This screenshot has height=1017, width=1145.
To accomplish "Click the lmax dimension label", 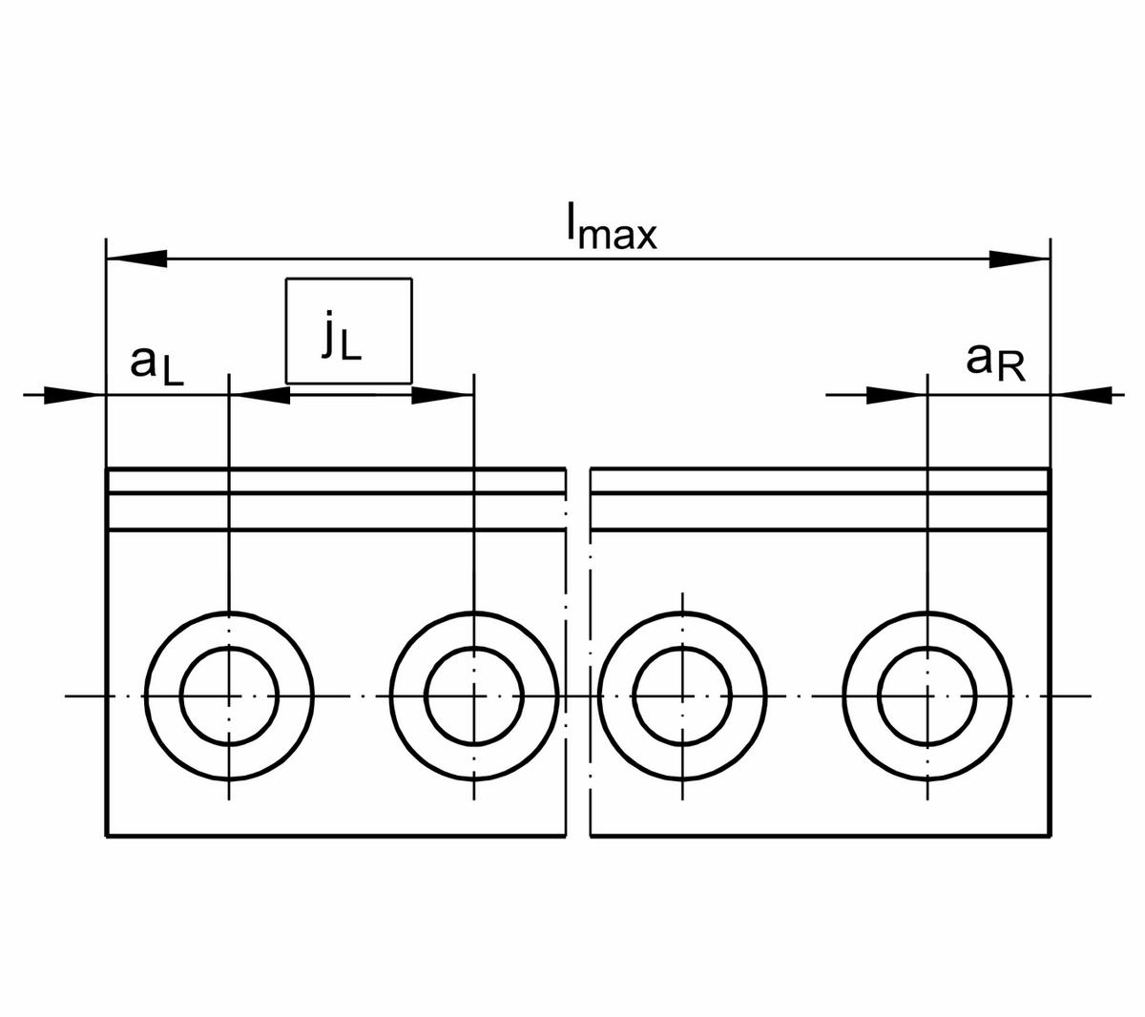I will [611, 229].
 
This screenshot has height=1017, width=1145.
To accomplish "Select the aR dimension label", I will [995, 362].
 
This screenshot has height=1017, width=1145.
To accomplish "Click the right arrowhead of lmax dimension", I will [1019, 258].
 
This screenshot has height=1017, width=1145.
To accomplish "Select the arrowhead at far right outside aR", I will [1082, 394].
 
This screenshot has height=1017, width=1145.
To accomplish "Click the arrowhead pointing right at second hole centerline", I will [443, 395].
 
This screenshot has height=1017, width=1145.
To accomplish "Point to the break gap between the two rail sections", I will [578, 649].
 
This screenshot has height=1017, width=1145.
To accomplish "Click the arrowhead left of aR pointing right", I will [896, 395].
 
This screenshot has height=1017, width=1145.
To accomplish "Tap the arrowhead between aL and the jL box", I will [261, 395].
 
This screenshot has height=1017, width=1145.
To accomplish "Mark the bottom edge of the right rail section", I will [821, 837].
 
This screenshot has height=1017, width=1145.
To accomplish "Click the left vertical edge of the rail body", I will [105, 668].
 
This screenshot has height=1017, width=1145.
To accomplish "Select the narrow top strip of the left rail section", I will [334, 481].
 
